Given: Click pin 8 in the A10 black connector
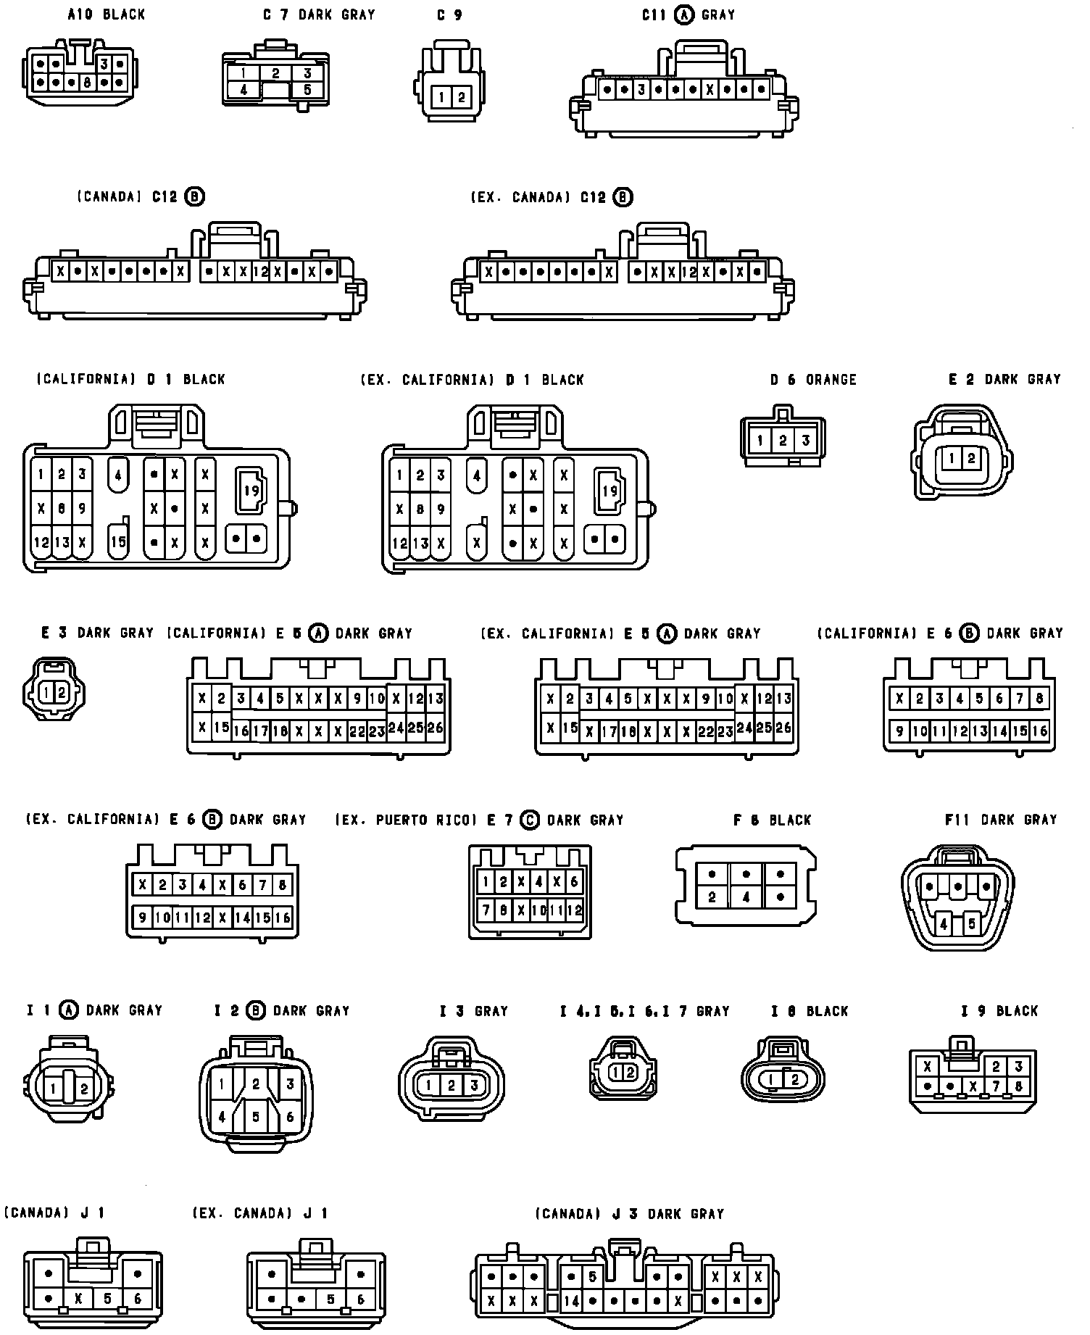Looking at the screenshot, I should pos(86,83).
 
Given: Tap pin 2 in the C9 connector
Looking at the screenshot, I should pos(461,96).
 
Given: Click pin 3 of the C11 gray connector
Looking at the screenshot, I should pos(641,90).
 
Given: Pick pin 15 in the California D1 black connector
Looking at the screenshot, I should pos(118,542).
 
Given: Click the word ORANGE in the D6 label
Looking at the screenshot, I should pos(831,380).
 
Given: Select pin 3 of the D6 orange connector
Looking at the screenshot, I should pos(805,441).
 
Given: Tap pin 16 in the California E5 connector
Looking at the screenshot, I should pos(241,731).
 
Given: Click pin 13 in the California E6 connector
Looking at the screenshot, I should pos(980,731).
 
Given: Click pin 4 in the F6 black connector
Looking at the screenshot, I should pos(746,897).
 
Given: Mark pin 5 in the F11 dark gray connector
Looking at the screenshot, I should pos(972,924).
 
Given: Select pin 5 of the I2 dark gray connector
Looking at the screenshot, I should pos(256,1117).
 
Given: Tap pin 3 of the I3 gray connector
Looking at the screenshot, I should pos(474,1085).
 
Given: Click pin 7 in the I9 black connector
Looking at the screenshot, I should pos(997,1086).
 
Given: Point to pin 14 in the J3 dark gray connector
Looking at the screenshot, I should pos(572,1301).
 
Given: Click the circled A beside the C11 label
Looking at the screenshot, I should pos(683,14).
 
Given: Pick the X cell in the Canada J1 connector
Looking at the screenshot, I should pos(78,1299).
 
